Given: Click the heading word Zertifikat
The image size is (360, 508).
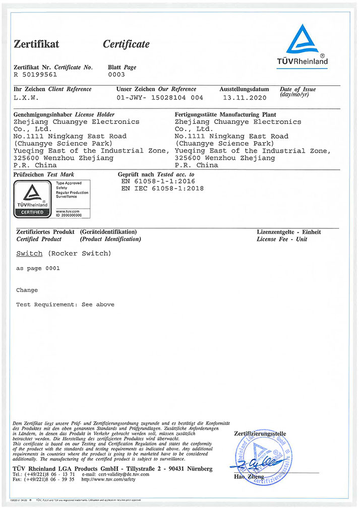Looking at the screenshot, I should coord(36,44).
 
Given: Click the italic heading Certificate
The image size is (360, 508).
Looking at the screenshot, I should coord(126,44).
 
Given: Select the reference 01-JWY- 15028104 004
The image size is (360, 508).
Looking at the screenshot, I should coord(160,97).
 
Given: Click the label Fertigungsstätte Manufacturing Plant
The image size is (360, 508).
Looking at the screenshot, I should coord(225,114).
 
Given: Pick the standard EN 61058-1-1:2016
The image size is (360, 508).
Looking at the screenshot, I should coord(158,181).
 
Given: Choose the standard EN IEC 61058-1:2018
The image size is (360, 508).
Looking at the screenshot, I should coord(162,188).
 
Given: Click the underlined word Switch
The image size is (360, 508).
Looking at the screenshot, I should coord(29,253).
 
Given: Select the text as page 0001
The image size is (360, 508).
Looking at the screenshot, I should coord(38,269).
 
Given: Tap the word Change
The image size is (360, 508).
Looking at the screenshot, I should coord(27,290).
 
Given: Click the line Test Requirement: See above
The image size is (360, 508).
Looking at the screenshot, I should coord(65,304).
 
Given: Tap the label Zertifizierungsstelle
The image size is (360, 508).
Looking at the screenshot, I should coord(260,433).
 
